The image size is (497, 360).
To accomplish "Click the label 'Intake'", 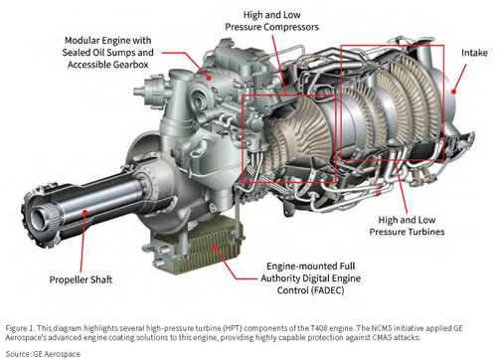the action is [x=474, y=53].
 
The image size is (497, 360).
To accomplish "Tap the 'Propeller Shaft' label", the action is [x=81, y=279].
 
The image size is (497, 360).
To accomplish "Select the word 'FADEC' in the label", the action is [x=326, y=290].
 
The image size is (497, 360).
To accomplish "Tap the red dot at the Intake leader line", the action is [x=453, y=91].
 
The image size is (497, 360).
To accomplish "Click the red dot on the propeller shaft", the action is [x=85, y=212].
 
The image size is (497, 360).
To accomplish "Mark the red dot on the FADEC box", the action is [x=215, y=247].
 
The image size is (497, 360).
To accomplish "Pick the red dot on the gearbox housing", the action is [x=209, y=78].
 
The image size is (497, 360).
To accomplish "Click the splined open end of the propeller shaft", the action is [x=43, y=219].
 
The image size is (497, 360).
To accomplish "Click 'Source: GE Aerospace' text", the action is [x=43, y=354].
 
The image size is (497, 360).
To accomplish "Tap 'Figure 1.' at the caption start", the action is [x=20, y=328].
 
